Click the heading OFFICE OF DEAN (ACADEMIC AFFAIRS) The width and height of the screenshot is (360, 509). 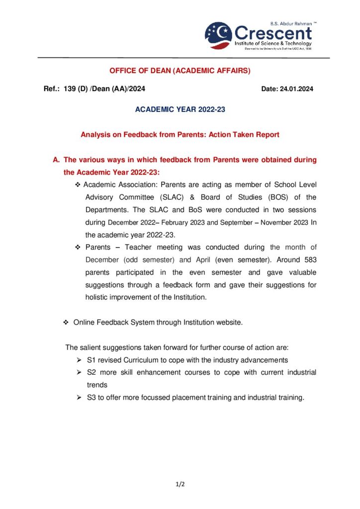click(180, 71)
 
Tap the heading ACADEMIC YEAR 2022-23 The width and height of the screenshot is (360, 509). click(180, 109)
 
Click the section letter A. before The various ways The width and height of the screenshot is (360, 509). click(56, 160)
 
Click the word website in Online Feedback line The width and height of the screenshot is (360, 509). click(230, 323)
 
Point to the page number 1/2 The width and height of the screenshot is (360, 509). click(180, 483)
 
